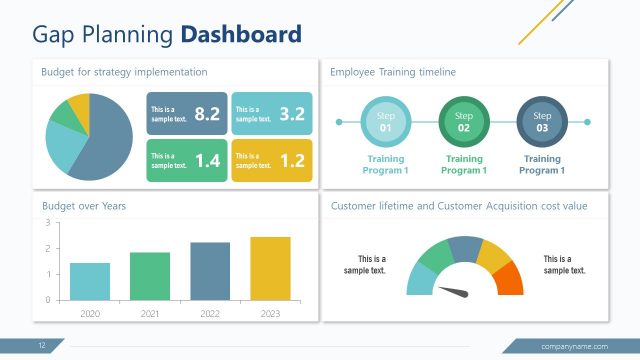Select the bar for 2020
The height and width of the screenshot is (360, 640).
(x=90, y=281)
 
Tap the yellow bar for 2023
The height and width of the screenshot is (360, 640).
(x=270, y=268)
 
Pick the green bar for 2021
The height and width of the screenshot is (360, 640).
(x=150, y=276)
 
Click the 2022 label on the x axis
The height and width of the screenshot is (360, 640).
(x=210, y=313)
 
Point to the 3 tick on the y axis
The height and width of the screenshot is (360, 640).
(x=48, y=222)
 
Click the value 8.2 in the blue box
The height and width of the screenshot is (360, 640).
(x=206, y=114)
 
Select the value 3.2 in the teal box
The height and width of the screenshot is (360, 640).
(x=291, y=114)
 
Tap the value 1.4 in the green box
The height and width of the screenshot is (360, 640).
(x=206, y=160)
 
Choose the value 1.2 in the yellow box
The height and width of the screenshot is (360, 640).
(x=291, y=160)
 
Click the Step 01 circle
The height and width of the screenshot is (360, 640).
(x=385, y=122)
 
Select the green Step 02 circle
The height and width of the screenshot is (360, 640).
(x=463, y=122)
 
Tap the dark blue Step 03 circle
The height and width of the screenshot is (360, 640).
(x=542, y=122)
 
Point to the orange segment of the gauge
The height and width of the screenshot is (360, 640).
(x=509, y=278)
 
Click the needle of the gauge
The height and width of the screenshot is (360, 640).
(x=455, y=292)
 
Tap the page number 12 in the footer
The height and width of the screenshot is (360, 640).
(x=43, y=346)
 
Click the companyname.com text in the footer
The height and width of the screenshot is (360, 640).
(x=574, y=346)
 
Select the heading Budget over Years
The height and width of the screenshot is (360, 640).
(x=84, y=206)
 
